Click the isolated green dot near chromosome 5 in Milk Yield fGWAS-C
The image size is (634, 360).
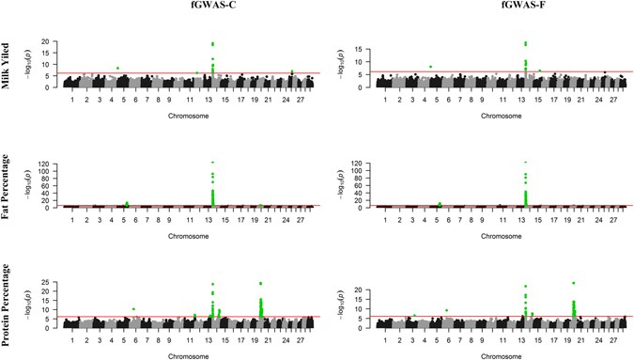[117, 68]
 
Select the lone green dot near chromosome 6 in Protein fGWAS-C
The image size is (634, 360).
[133, 308]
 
